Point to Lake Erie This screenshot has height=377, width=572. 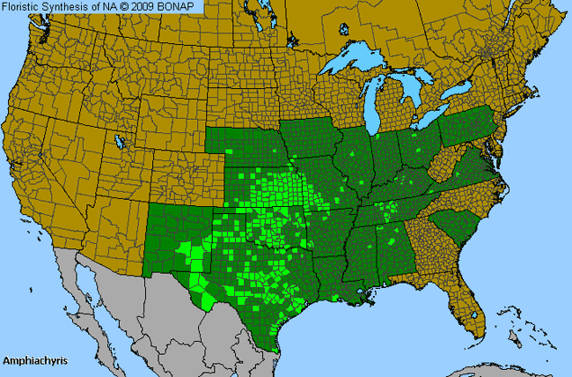pyautogui.click(x=431, y=122)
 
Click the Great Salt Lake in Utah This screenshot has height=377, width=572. pyautogui.click(x=119, y=140)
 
